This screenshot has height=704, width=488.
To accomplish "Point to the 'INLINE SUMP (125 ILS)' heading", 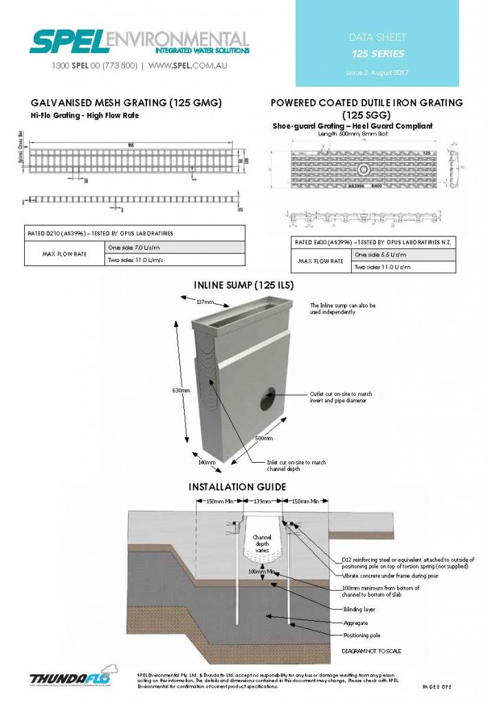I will pos(245,283).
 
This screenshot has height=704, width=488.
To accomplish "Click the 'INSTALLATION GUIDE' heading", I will pos(237,487).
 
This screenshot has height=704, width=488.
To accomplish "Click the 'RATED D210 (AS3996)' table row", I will pos(135,233).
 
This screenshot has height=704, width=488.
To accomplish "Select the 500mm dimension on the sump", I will pos(264,438).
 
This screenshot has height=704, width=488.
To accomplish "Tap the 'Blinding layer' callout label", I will pos(359,610).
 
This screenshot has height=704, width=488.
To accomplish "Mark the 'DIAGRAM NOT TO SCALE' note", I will pos(372,650).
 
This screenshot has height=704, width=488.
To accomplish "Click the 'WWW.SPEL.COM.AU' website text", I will pos(188,66).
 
